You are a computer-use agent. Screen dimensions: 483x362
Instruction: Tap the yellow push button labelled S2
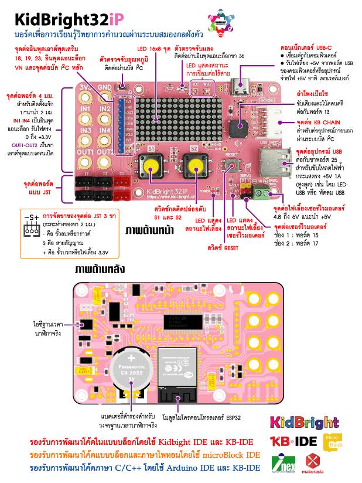[194, 168]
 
